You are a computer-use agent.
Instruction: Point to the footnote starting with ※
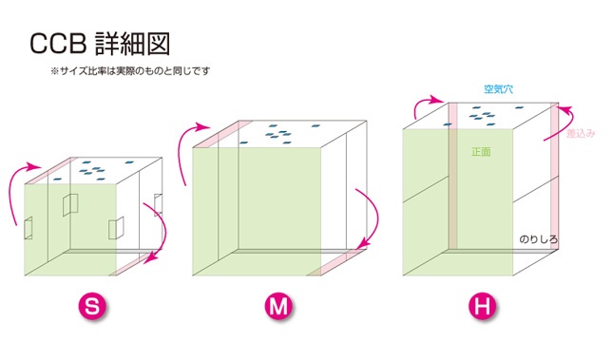pos(129,71)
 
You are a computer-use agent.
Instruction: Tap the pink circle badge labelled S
pos(90,306)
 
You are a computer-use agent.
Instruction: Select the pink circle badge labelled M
pos(277,306)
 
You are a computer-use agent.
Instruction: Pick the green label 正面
pos(480,151)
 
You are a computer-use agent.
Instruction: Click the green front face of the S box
pos(71,228)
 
